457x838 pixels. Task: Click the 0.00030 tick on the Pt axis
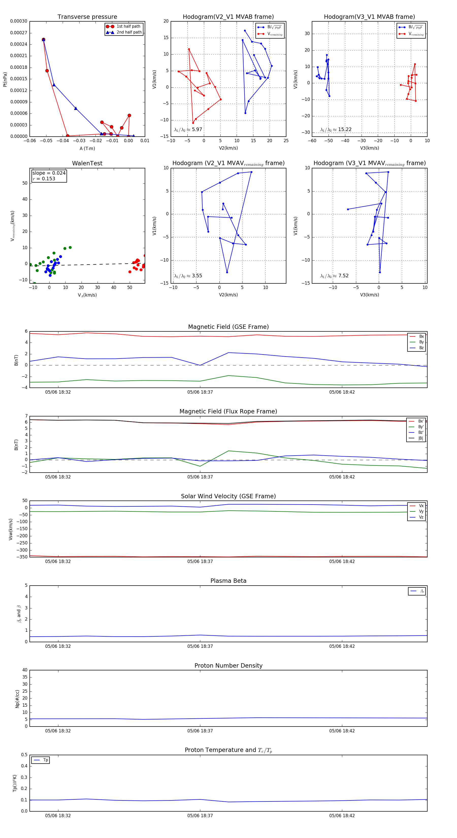pyautogui.click(x=19, y=21)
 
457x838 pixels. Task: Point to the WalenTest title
pyautogui.click(x=87, y=163)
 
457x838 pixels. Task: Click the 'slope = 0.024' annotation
pyautogui.click(x=49, y=173)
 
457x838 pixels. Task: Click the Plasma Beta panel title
pyautogui.click(x=228, y=581)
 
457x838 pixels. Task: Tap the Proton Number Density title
pyautogui.click(x=228, y=666)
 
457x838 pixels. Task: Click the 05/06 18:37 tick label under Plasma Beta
pyautogui.click(x=200, y=646)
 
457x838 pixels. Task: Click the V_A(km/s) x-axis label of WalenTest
pyautogui.click(x=87, y=295)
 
